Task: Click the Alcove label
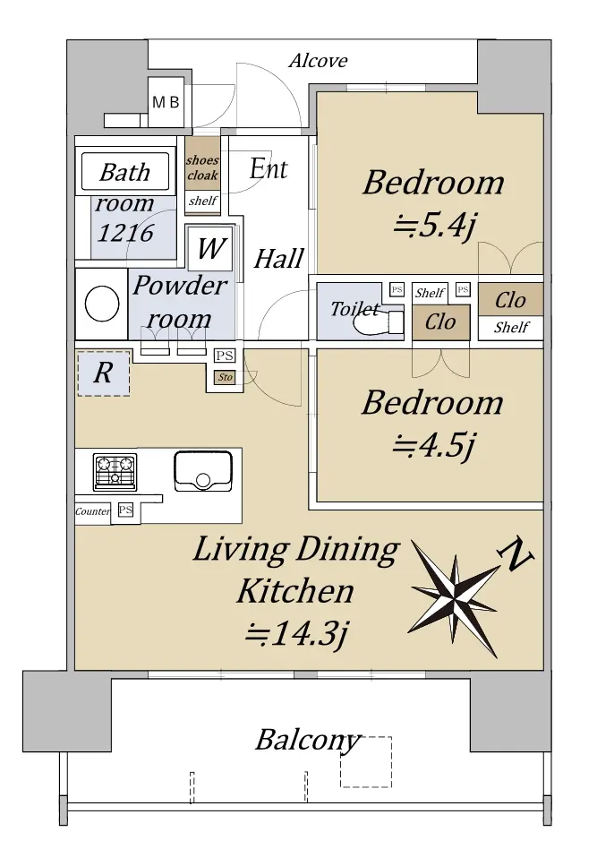319,61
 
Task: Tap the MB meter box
166,102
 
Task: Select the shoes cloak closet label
202,167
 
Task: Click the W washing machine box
210,249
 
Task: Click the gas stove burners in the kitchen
115,472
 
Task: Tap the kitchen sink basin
202,471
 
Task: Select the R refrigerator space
104,373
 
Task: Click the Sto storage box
225,377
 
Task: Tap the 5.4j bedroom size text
434,226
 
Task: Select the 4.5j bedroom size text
433,446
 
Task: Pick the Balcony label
308,741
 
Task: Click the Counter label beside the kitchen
92,511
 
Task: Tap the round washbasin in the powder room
102,304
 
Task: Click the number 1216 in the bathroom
125,233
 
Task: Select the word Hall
279,259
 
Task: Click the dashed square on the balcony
365,761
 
